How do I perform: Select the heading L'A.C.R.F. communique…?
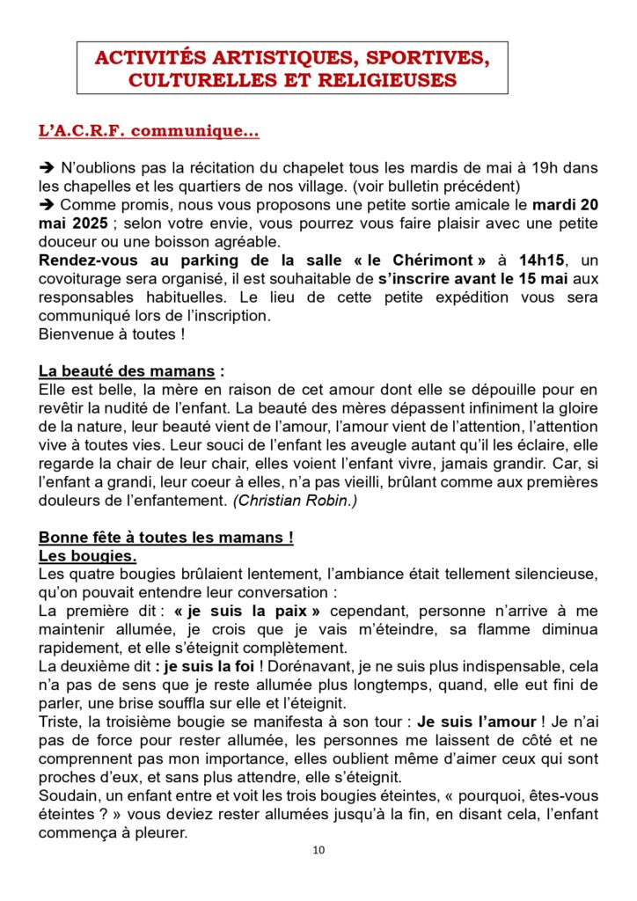pos(149,131)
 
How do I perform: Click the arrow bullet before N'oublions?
pos(47,168)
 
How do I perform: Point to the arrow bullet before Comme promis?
pos(47,204)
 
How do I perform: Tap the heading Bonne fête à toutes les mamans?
pos(165,538)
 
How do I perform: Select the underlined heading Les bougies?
pos(87,556)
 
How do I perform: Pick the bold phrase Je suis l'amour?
pos(490,722)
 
